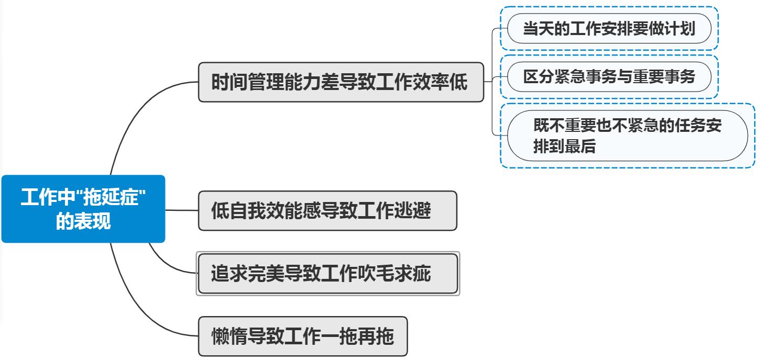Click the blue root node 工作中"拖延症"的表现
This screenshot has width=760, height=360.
[83, 209]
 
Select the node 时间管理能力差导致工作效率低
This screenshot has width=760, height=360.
[340, 82]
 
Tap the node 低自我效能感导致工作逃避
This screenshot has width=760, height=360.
[327, 211]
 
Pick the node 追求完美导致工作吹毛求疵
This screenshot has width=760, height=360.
[327, 273]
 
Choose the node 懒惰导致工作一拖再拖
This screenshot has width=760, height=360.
[302, 336]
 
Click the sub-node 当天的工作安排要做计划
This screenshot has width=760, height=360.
[609, 28]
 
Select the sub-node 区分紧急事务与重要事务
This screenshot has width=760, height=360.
[609, 77]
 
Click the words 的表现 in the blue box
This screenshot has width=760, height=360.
[83, 222]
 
